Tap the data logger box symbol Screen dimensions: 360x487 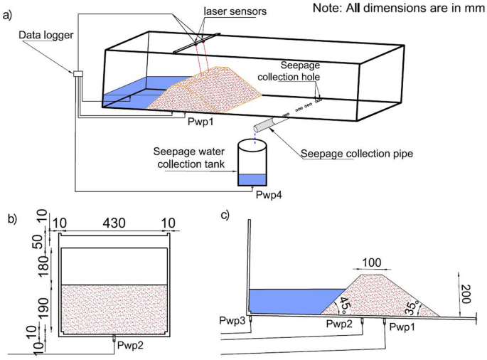(x=77, y=73)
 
